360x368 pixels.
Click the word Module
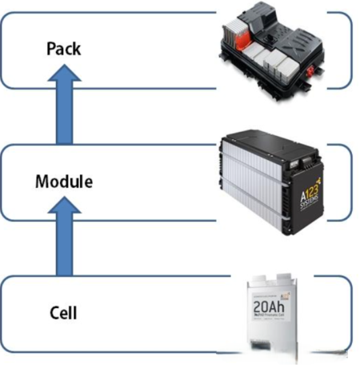pyautogui.click(x=63, y=182)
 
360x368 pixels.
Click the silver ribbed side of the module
pyautogui.click(x=256, y=192)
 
